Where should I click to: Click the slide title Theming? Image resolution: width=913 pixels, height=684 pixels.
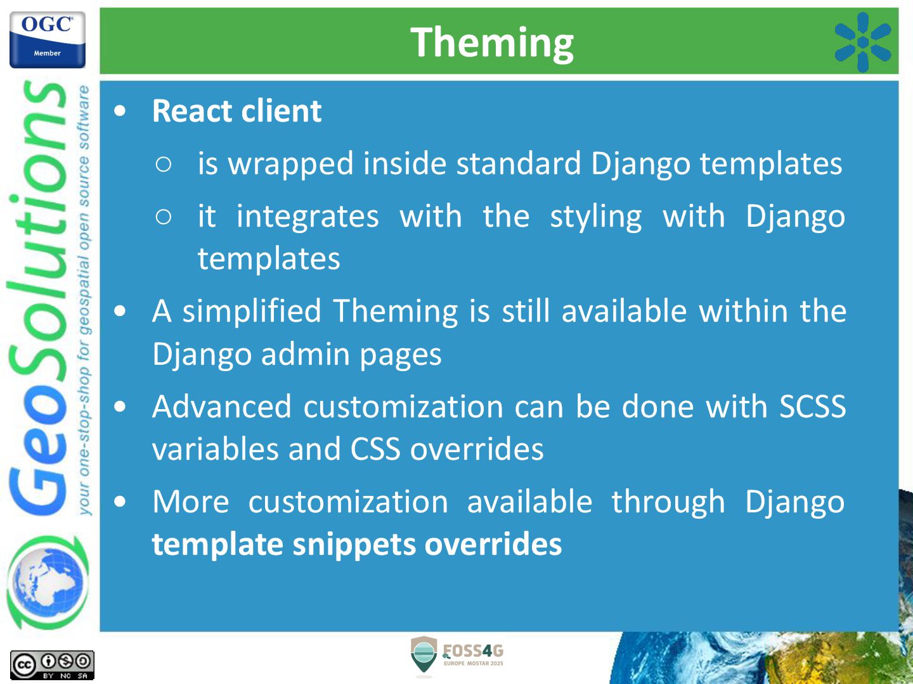point(491,43)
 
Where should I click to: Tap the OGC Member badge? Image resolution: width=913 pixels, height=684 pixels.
point(48,40)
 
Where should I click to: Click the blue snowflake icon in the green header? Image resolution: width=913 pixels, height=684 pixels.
point(863,42)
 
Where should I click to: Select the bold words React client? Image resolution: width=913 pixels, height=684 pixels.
point(236,111)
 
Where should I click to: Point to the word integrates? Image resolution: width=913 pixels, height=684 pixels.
point(308,217)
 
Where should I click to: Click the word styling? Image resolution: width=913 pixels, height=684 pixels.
point(595,217)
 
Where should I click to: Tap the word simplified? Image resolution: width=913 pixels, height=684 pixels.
point(252,312)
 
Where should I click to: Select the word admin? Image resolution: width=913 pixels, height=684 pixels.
point(306,354)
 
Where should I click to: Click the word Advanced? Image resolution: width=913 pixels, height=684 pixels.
point(222,406)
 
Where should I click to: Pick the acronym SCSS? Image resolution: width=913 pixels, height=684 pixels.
point(812,406)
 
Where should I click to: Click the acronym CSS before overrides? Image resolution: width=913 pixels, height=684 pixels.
point(375,449)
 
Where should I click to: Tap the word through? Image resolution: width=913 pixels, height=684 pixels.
point(668,502)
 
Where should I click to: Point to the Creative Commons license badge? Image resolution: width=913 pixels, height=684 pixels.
point(52,665)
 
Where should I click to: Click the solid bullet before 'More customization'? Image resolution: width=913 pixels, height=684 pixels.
point(120,502)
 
